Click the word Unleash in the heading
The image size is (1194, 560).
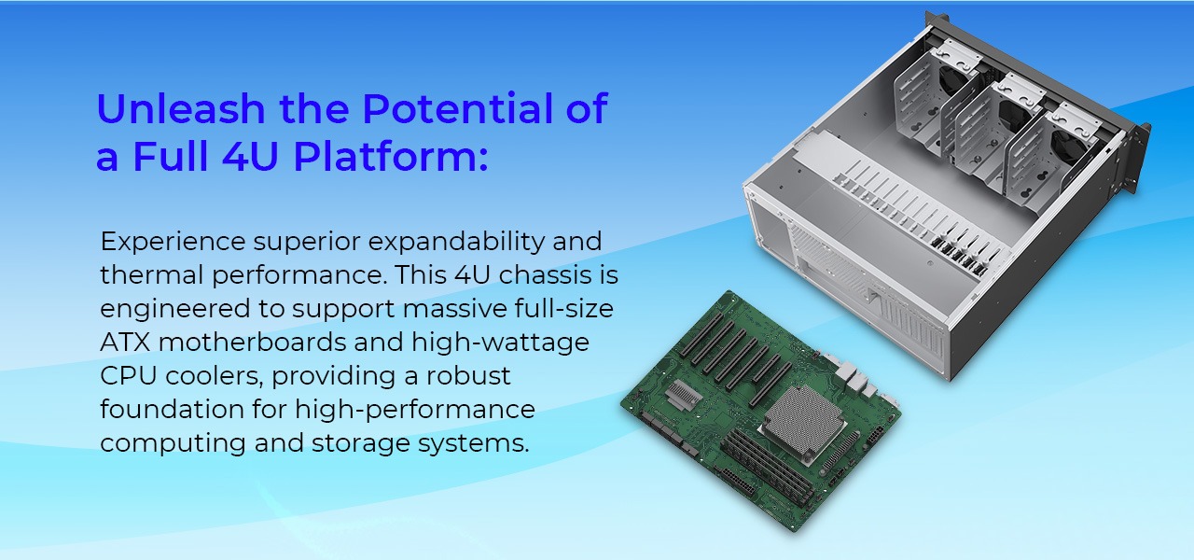pyautogui.click(x=177, y=109)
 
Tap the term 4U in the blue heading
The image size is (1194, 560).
pyautogui.click(x=245, y=157)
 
